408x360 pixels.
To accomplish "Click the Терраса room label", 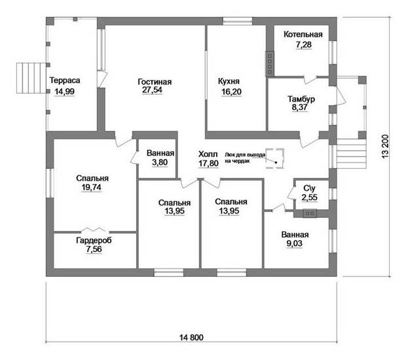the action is (65, 81).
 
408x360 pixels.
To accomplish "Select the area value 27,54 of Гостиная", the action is (152, 90).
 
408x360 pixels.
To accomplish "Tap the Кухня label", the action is (229, 81).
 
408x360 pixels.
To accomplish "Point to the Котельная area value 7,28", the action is (304, 45).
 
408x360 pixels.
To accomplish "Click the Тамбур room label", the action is (301, 99).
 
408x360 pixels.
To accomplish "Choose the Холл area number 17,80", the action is (208, 164).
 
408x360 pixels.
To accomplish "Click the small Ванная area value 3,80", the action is (160, 162).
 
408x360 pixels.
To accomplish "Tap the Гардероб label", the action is (94, 240).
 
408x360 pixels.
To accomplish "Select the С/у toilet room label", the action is (309, 188).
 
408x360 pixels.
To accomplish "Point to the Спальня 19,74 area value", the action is (92, 187).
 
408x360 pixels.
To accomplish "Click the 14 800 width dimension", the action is (191, 338).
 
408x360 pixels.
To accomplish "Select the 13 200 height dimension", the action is (386, 146).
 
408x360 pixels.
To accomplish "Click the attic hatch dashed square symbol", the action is (274, 158).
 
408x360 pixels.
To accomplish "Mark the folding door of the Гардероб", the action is (94, 230).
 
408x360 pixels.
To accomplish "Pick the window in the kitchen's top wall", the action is (238, 21).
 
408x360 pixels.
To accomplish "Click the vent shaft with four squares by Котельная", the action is (270, 63).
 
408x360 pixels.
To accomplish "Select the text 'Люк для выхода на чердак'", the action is (245, 158).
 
